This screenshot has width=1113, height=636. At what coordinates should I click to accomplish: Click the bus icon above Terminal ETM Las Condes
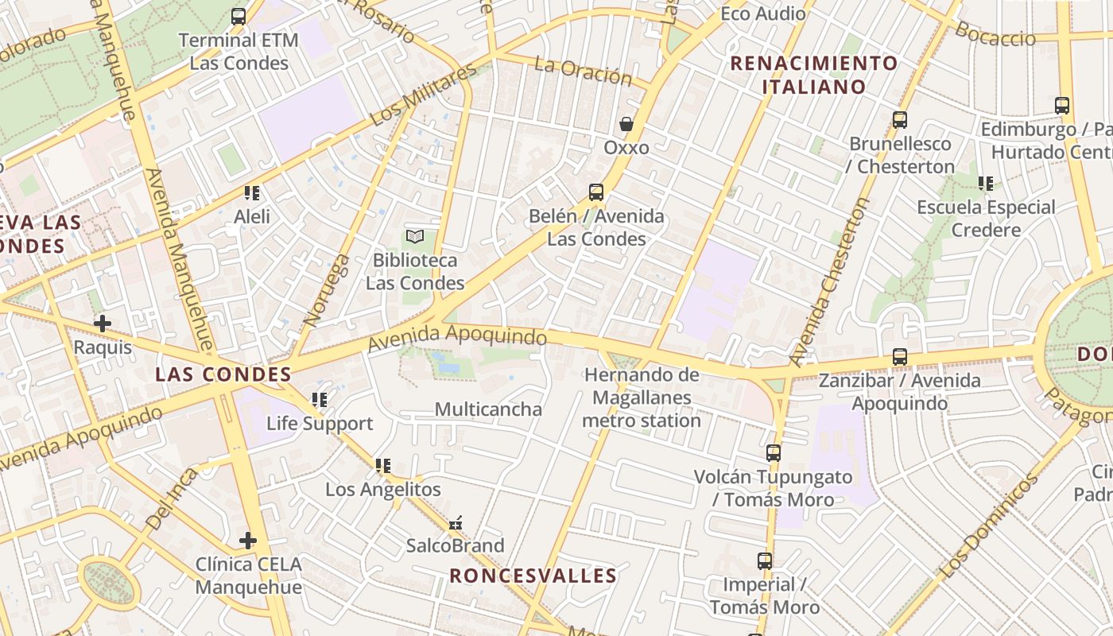tap(238, 16)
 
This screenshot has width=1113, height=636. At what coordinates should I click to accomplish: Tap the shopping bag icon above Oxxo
tap(626, 124)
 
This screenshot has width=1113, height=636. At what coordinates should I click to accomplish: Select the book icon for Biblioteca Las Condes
tap(415, 236)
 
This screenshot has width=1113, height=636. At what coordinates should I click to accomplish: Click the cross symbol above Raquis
tap(103, 324)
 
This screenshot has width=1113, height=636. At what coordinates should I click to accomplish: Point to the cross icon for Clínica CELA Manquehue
tap(248, 541)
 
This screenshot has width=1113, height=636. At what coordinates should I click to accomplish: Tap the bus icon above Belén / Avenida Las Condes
tap(596, 192)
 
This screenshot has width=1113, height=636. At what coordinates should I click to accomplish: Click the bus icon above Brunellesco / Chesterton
tap(900, 120)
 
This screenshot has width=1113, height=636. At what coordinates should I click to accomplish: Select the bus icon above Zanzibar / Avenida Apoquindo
tap(900, 357)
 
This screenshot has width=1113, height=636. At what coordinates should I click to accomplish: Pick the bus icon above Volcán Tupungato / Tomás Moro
tap(774, 453)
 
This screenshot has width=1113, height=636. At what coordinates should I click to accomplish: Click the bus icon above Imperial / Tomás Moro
tap(765, 561)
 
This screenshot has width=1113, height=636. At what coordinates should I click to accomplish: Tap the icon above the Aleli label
tap(252, 192)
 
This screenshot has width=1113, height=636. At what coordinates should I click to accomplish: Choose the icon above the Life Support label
tap(320, 400)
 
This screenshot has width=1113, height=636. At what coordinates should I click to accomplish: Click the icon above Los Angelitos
tap(383, 466)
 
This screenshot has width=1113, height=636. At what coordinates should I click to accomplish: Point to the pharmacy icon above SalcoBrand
tap(456, 523)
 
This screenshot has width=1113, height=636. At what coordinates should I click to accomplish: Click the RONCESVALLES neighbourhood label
tap(533, 576)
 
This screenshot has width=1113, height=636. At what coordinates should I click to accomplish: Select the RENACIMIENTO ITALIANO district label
tap(814, 75)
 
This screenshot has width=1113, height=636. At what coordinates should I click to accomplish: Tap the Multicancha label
tap(488, 409)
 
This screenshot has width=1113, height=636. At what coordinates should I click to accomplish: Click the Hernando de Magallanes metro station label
tap(642, 397)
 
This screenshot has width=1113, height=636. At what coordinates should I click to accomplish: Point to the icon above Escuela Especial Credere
tap(986, 184)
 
